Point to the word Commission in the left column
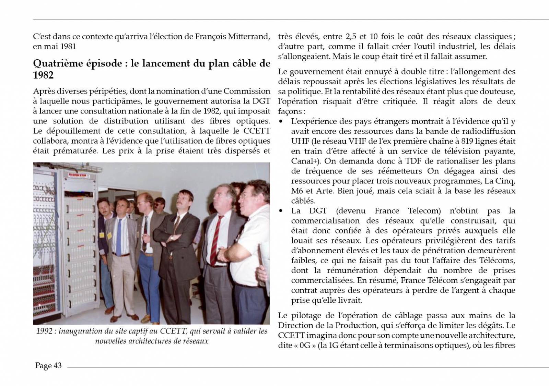[247, 91]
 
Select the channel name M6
[297, 191]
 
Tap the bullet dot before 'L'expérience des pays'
[281, 122]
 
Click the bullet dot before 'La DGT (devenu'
[281, 211]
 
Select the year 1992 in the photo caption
[45, 331]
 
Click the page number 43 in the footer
[57, 365]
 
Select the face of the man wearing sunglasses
[159, 204]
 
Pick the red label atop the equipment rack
[79, 175]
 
